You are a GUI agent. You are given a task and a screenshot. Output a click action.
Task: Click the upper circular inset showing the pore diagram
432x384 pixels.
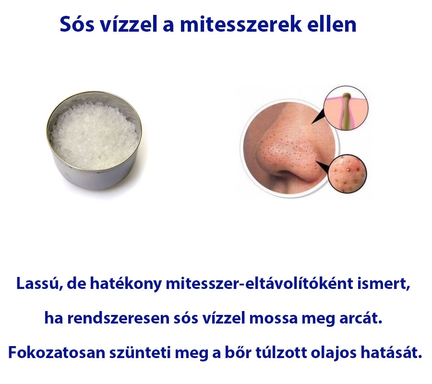[345, 108]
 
